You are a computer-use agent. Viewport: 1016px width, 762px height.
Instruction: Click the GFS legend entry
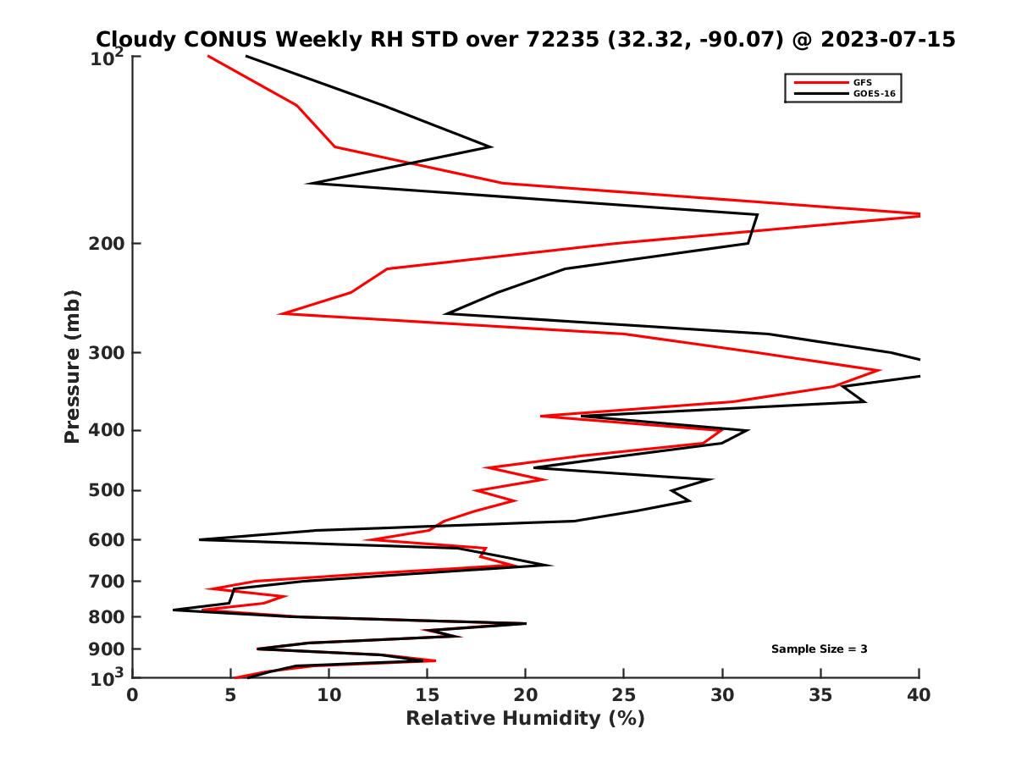point(862,82)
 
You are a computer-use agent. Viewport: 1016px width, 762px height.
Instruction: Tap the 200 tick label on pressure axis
point(103,244)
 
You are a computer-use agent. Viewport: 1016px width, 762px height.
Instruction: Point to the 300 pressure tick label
point(103,352)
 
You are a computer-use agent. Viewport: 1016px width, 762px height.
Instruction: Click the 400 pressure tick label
point(103,430)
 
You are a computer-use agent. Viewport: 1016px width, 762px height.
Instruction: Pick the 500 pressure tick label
point(103,490)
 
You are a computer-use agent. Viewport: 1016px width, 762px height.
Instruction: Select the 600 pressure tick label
point(103,539)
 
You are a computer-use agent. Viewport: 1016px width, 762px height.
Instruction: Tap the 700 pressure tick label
point(103,581)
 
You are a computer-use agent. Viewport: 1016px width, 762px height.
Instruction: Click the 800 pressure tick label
point(103,616)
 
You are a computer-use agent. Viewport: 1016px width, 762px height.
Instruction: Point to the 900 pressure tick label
point(103,649)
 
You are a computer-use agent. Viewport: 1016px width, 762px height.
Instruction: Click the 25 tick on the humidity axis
point(624,695)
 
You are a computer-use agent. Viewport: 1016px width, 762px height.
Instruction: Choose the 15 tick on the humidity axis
point(427,695)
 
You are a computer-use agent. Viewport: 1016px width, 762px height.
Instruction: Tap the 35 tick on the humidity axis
point(820,695)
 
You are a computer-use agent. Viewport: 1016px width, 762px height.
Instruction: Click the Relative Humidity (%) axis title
point(525,719)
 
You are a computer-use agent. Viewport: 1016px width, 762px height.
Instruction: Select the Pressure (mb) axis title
point(72,366)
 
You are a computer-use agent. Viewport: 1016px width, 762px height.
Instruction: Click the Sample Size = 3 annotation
point(819,649)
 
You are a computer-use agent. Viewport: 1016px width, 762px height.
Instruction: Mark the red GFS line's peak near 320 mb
point(880,370)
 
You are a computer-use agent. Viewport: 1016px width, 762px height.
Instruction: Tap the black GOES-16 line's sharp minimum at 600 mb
point(200,539)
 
